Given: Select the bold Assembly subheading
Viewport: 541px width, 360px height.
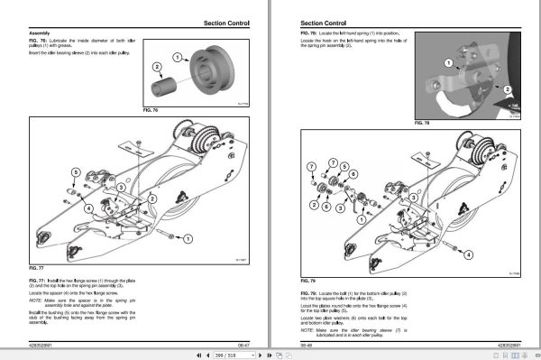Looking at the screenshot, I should [x=40, y=33].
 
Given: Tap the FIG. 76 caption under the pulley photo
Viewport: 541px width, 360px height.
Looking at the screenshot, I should [x=151, y=109].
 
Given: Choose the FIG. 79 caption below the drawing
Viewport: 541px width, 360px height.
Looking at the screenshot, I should [x=307, y=281].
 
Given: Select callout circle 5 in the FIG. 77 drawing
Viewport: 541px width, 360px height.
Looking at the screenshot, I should [x=76, y=171].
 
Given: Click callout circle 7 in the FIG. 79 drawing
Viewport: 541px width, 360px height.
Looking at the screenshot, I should [x=310, y=168].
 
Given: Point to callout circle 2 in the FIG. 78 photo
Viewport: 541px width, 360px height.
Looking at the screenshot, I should [x=507, y=90].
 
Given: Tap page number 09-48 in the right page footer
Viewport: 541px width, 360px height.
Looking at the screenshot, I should [x=307, y=343].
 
